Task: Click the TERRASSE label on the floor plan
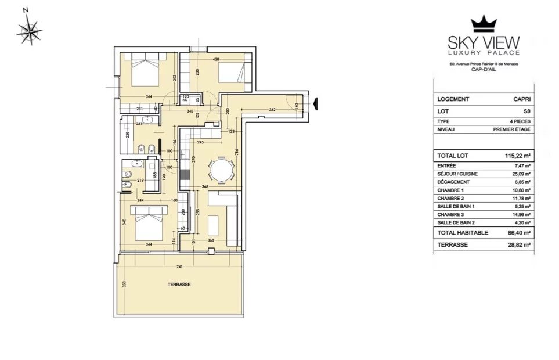(179, 285)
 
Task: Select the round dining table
(223, 171)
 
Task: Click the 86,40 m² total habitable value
(516, 233)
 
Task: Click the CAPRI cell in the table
(521, 99)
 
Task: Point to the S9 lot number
(526, 110)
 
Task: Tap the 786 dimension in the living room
(236, 153)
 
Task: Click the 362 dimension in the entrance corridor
(272, 109)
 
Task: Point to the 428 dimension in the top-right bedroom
(215, 59)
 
